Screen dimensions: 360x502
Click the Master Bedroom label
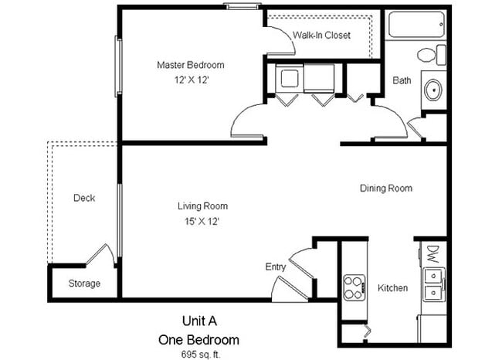[x=191, y=65]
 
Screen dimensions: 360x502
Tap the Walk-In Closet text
[x=321, y=36]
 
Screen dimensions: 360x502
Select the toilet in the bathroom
[x=427, y=55]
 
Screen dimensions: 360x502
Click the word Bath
[x=402, y=80]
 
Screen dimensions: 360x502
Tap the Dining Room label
[x=385, y=188]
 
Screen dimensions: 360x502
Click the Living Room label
[x=202, y=206]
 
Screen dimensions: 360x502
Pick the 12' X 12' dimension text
[x=190, y=79]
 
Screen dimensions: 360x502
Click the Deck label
[x=84, y=199]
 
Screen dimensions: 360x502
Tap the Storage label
[x=84, y=284]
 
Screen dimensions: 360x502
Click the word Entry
[x=276, y=267]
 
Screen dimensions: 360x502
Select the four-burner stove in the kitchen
[x=354, y=287]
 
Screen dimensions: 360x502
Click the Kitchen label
[x=392, y=288]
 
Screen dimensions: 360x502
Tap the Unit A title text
[x=198, y=321]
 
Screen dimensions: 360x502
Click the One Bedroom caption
[x=198, y=338]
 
